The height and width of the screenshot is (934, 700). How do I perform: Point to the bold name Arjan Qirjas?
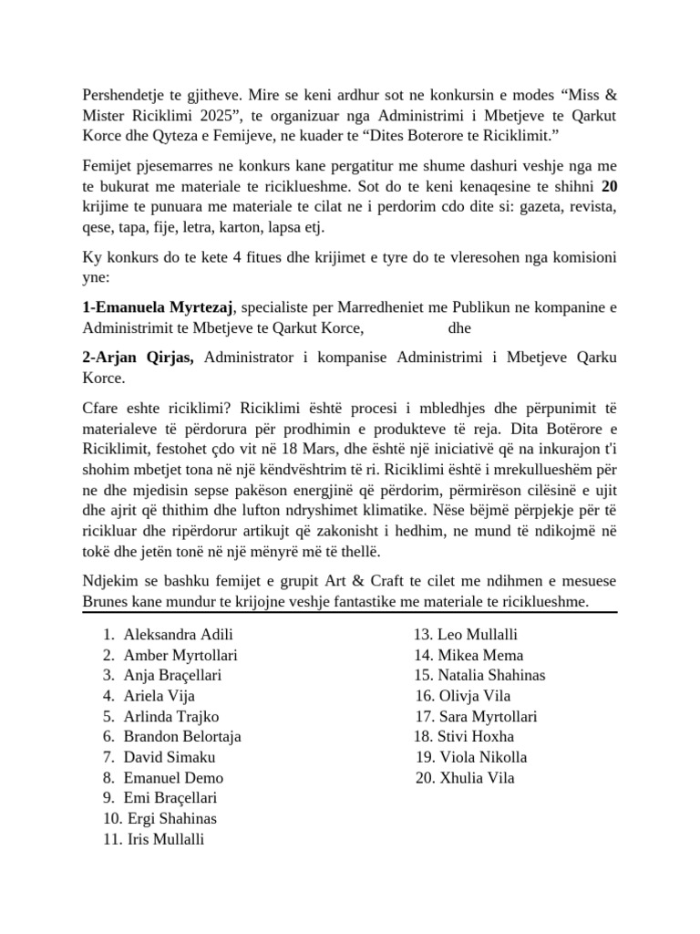pos(139,357)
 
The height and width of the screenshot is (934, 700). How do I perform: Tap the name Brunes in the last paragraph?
pos(107,603)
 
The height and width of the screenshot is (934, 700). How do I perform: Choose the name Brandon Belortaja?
pos(182,737)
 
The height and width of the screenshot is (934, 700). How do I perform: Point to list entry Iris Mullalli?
pos(167,839)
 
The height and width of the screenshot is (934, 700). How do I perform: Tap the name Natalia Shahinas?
pos(491,676)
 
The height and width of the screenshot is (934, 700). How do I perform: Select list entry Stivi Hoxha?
pos(476,737)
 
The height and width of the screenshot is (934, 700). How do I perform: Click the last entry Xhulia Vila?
pos(477,778)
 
